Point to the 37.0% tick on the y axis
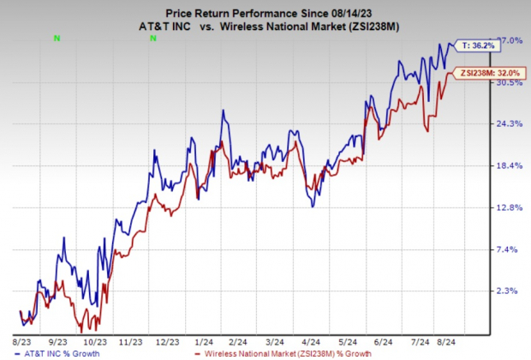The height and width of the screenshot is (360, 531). point(511,40)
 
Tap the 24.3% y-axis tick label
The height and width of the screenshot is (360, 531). point(511,124)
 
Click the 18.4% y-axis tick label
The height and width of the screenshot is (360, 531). point(511,166)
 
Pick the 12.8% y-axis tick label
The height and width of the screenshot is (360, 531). point(511,207)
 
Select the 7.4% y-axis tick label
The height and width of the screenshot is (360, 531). point(511,249)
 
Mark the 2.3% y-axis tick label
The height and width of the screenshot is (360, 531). point(511,291)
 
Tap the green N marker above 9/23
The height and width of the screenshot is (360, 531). point(57,38)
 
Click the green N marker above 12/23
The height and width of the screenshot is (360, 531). point(152,38)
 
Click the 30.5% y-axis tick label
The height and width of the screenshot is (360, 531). point(511,83)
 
